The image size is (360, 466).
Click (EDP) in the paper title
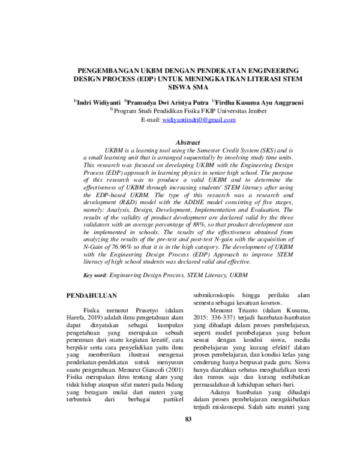click(x=145, y=79)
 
